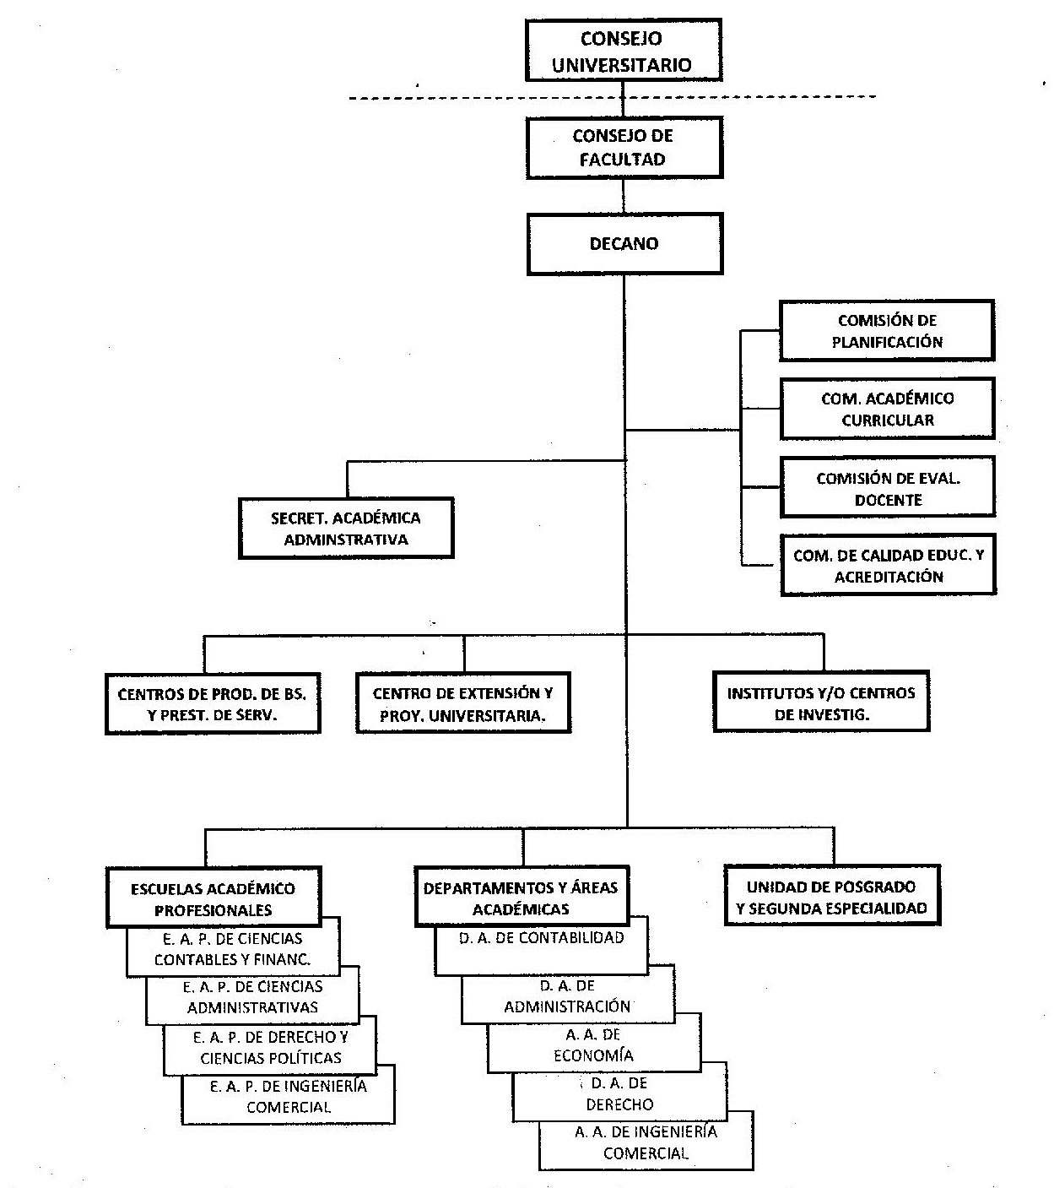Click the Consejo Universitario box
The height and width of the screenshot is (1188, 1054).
623,51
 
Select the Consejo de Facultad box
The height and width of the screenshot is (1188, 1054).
624,148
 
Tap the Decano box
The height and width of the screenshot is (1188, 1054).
625,244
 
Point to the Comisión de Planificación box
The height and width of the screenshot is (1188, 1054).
887,331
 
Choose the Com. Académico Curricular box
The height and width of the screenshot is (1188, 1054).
888,409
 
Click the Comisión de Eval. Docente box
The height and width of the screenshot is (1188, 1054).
888,487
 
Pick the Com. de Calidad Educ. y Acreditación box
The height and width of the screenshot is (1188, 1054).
889,565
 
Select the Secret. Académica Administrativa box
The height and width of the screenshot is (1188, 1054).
346,529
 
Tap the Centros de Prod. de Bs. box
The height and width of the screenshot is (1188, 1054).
213,703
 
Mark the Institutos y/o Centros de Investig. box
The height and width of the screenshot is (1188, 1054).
821,702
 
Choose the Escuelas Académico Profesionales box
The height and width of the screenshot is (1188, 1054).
214,898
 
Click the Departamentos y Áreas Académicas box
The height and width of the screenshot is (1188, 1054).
522,897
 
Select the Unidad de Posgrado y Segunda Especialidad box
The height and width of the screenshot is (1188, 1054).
832,895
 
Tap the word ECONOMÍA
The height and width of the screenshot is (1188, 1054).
593,1055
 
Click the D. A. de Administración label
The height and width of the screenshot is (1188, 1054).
567,996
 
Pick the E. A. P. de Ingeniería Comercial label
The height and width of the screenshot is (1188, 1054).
289,1097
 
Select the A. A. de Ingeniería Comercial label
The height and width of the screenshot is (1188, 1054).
646,1142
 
